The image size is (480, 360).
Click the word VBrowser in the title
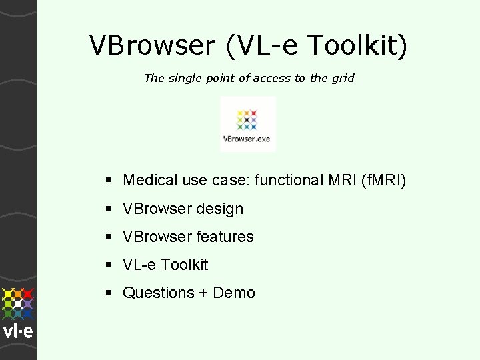pos(153,46)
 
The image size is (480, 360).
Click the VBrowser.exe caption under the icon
pos(247,139)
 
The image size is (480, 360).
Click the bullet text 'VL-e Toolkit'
pos(165,265)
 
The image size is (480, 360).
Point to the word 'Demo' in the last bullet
pos(234,293)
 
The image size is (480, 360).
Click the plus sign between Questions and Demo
pos(202,293)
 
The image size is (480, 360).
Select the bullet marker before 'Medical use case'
pos(109,181)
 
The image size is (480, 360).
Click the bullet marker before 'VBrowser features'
pos(109,237)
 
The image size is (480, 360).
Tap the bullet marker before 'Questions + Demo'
pos(109,293)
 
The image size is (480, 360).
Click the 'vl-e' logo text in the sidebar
pos(17,331)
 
